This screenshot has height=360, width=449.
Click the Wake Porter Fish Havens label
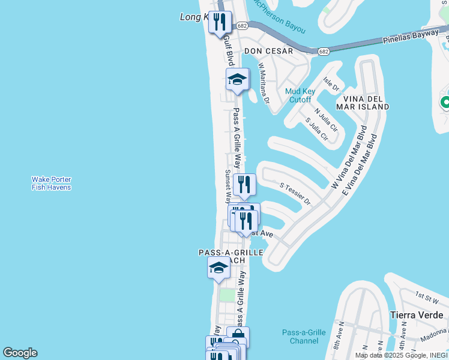click(x=51, y=183)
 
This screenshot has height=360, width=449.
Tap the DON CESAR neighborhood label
click(x=268, y=51)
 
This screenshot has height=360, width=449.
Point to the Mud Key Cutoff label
click(x=300, y=95)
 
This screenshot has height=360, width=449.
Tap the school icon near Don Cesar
click(x=237, y=79)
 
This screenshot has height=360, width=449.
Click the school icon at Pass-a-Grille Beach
click(x=218, y=268)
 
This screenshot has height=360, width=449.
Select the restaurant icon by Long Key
click(x=220, y=22)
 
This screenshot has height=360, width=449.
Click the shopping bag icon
click(x=238, y=336)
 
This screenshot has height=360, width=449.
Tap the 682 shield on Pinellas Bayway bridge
click(x=324, y=52)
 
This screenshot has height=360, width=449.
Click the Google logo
click(x=20, y=353)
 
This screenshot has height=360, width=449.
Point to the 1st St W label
click(x=427, y=295)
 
